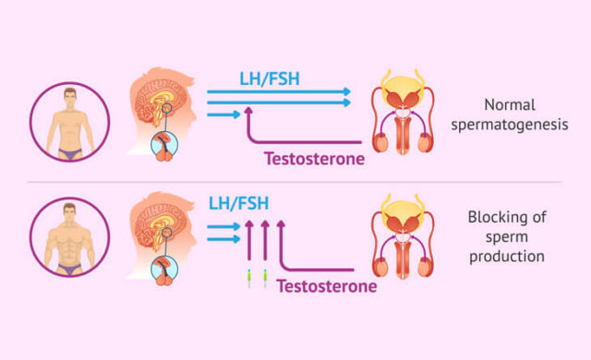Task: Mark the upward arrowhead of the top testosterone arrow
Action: click(x=247, y=113)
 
